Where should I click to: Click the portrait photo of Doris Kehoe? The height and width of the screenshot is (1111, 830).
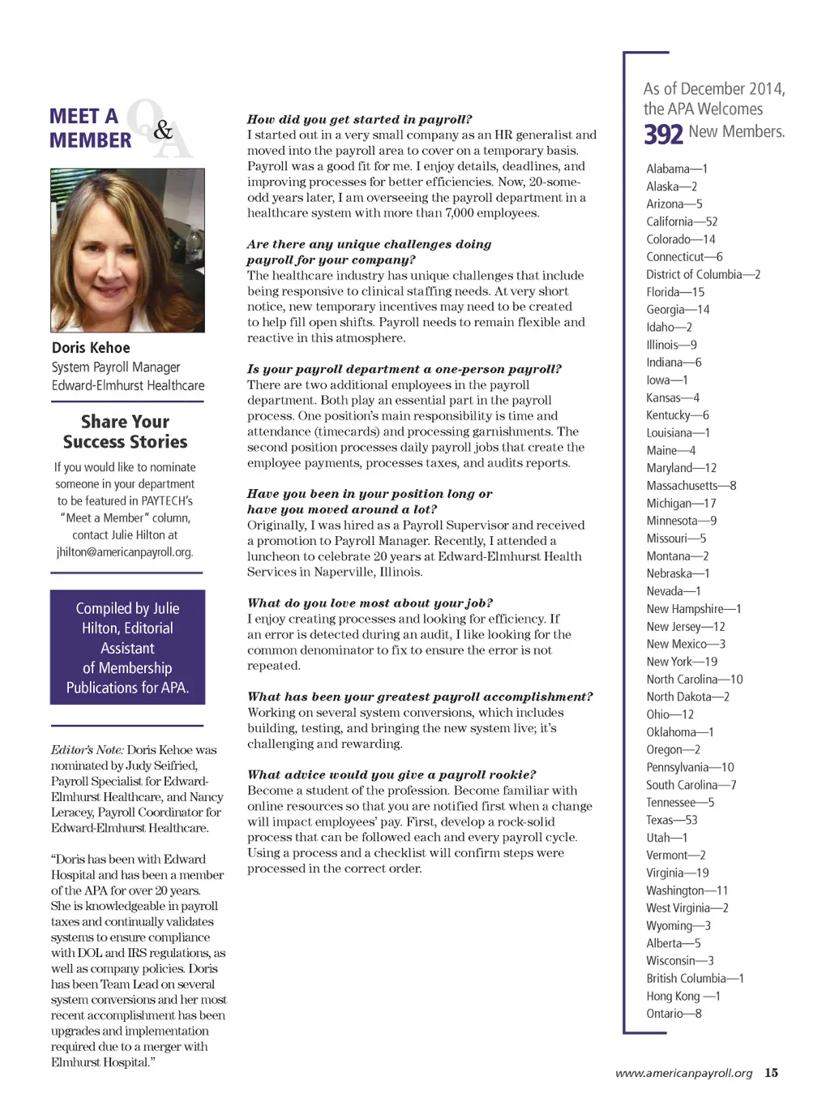click(x=127, y=250)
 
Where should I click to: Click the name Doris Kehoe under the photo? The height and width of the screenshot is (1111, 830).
click(x=91, y=348)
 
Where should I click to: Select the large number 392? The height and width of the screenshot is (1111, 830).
click(x=664, y=134)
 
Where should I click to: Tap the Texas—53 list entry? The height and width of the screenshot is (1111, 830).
click(x=671, y=820)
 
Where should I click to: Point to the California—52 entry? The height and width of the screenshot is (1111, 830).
click(x=682, y=221)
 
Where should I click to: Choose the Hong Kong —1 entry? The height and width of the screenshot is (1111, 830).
click(x=682, y=996)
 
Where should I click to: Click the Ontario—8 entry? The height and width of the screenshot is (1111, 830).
click(x=674, y=1014)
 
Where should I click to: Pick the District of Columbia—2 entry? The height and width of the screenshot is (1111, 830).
click(x=703, y=274)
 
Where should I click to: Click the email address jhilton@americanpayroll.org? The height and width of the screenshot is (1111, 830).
click(x=125, y=552)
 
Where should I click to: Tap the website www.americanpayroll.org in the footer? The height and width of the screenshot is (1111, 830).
click(x=684, y=1073)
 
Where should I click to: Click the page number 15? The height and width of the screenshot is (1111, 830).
click(x=771, y=1073)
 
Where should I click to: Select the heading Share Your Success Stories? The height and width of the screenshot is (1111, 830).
click(x=126, y=431)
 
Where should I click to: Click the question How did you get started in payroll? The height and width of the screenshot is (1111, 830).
click(x=359, y=119)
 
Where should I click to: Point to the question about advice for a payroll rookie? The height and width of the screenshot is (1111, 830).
click(x=391, y=774)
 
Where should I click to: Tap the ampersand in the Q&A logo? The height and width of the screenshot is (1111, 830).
click(x=163, y=130)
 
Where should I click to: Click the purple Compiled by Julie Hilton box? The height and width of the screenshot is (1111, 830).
click(x=127, y=647)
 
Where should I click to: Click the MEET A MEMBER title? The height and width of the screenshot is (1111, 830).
click(x=90, y=128)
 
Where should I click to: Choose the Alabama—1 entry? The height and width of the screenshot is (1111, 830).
click(x=677, y=169)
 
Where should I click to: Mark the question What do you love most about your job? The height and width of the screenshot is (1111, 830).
click(x=370, y=603)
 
